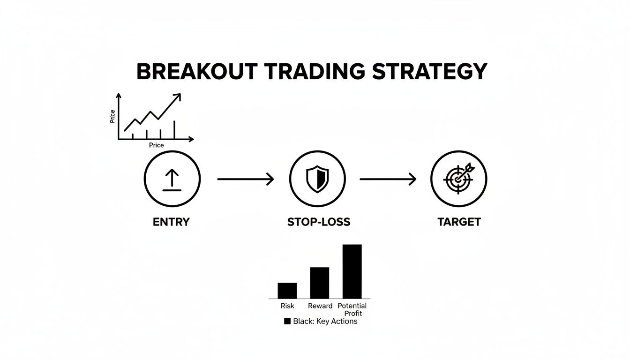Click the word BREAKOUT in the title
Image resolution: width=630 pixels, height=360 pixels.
tap(196, 72)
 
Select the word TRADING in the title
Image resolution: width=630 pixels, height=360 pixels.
tap(315, 72)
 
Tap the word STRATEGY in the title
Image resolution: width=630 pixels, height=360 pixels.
tap(430, 72)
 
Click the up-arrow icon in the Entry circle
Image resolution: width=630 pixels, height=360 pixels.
tap(172, 180)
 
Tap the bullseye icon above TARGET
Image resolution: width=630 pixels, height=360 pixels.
tap(458, 179)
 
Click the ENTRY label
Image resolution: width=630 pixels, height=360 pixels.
tap(171, 222)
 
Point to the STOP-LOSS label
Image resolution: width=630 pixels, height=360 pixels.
tap(319, 222)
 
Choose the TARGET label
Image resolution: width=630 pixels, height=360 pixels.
tap(459, 222)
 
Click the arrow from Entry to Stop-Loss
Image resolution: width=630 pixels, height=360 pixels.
tap(246, 179)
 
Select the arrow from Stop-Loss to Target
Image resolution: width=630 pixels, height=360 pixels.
tap(388, 179)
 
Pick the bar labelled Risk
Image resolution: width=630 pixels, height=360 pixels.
tap(287, 291)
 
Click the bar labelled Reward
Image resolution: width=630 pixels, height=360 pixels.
tap(320, 283)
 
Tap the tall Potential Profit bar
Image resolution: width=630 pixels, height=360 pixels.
tap(352, 271)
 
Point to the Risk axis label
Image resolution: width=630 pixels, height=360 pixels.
tap(287, 306)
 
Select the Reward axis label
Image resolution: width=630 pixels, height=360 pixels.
tap(320, 306)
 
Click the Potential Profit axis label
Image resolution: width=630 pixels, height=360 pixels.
tap(352, 309)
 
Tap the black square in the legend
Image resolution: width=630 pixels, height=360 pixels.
tap(287, 322)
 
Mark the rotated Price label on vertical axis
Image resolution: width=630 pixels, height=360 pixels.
tap(112, 116)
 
